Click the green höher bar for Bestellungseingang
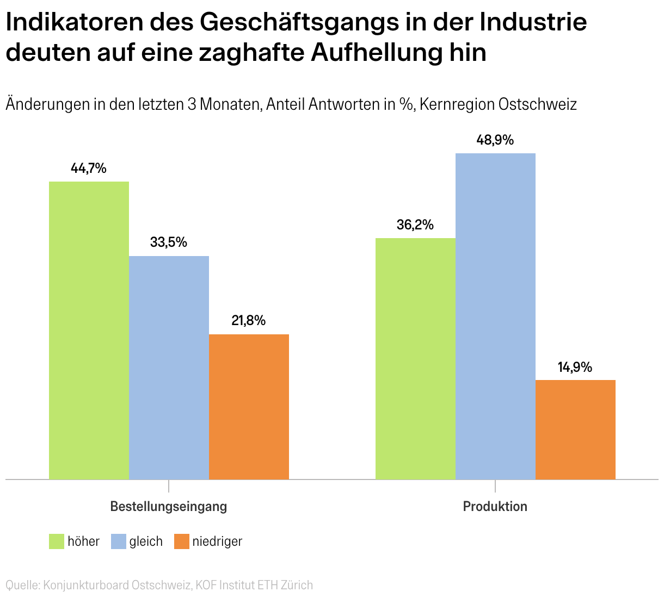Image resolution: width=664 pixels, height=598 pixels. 89,331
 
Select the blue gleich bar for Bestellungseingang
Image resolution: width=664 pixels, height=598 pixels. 169,367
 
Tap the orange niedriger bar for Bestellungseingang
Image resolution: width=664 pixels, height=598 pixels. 249,407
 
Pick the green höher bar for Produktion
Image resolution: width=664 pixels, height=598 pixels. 415,359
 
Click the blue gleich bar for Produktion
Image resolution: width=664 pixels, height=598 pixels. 495,316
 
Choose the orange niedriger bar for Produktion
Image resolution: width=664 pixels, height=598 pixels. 576,429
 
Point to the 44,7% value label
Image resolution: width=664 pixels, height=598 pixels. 89,169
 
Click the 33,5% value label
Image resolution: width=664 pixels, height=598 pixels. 169,242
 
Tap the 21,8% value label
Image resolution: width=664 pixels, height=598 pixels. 249,321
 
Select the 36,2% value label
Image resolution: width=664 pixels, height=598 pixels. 415,225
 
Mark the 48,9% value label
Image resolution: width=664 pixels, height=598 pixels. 495,140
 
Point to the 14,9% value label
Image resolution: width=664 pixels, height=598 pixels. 575,367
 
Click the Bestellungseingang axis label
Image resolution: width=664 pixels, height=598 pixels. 169,506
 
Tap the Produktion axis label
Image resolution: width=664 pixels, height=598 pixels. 495,506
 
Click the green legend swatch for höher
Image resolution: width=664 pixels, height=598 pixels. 57,541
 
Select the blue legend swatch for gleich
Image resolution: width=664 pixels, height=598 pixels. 119,541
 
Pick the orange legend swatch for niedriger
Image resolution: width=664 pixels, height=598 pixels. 182,541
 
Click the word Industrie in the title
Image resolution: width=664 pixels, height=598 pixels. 533,22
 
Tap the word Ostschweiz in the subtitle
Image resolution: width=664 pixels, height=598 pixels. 538,104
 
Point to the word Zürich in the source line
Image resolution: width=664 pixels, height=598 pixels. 297,585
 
